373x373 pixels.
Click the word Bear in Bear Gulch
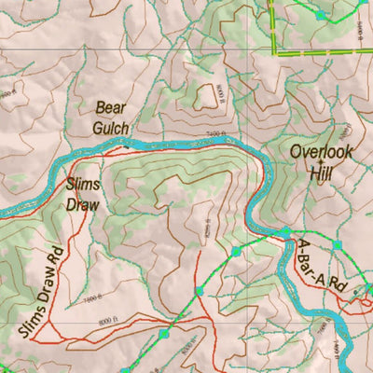(x=111, y=107)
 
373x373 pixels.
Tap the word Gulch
(x=112, y=126)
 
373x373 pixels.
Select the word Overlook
(x=323, y=151)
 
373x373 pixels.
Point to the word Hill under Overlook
(x=323, y=172)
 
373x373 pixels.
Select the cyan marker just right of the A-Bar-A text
(x=338, y=244)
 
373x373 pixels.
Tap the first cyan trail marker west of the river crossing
(x=236, y=251)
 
